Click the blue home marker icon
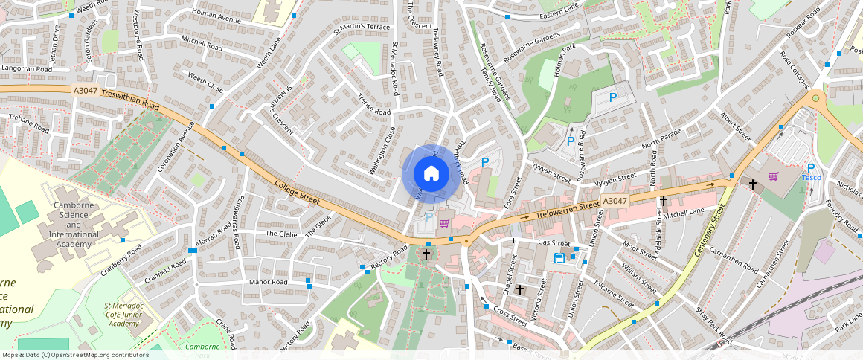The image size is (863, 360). (431, 173)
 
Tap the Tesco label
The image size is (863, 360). (810, 178)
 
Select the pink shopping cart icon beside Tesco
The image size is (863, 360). (773, 176)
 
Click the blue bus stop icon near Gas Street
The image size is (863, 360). (559, 257)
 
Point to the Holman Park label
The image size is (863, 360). (550, 73)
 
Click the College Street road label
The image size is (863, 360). (297, 192)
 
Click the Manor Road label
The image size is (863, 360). (268, 283)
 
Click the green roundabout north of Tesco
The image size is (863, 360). (816, 97)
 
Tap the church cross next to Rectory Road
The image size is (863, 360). (426, 254)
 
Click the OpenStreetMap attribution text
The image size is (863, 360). (75, 355)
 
